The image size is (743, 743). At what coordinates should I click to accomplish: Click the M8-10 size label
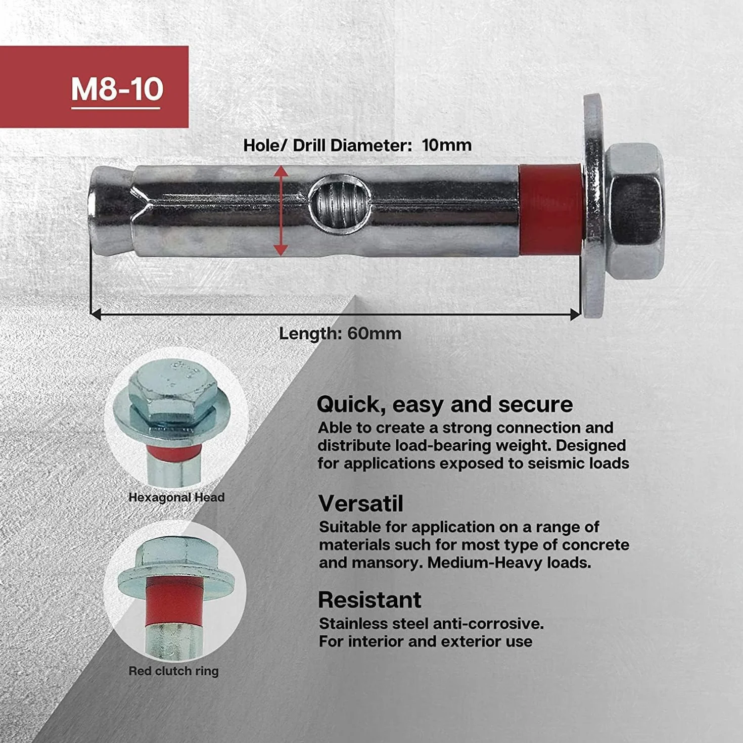(117, 89)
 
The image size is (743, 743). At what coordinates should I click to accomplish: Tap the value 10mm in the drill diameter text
(446, 146)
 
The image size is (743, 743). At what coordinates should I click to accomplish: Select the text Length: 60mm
(340, 334)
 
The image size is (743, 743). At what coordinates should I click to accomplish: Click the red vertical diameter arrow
(281, 211)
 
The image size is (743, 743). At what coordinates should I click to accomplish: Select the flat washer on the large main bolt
(594, 206)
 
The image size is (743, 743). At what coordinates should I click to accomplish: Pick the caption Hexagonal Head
(176, 497)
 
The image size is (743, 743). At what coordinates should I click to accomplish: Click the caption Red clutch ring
(173, 671)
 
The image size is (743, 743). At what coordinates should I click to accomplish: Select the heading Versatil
(360, 503)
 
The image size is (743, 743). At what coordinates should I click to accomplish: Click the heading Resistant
(369, 599)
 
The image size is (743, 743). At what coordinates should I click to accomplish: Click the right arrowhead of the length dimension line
(575, 314)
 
